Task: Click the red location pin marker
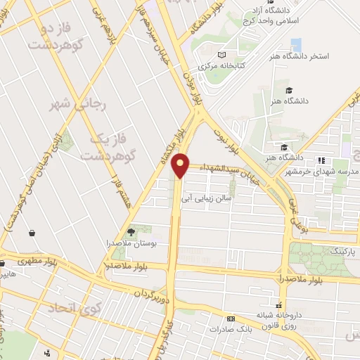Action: coord(182,165)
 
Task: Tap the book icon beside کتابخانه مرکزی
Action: coord(222,55)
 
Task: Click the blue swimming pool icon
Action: coord(296,44)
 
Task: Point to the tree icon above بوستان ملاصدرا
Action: coord(130,231)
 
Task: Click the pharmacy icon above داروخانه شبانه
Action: coord(280,305)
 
